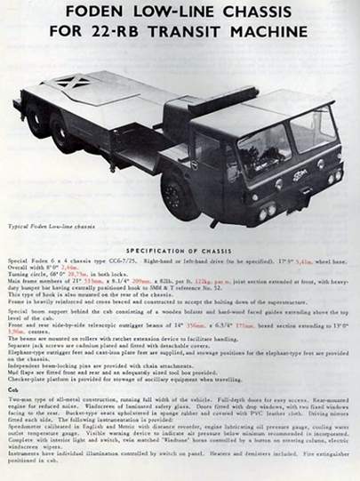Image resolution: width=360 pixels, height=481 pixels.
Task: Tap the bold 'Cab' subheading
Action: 12,389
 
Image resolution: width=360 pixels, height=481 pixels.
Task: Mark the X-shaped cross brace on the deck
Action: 70,82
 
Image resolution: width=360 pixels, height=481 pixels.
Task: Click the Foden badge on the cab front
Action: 300,173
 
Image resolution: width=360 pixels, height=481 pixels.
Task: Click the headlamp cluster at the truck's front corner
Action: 266,212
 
